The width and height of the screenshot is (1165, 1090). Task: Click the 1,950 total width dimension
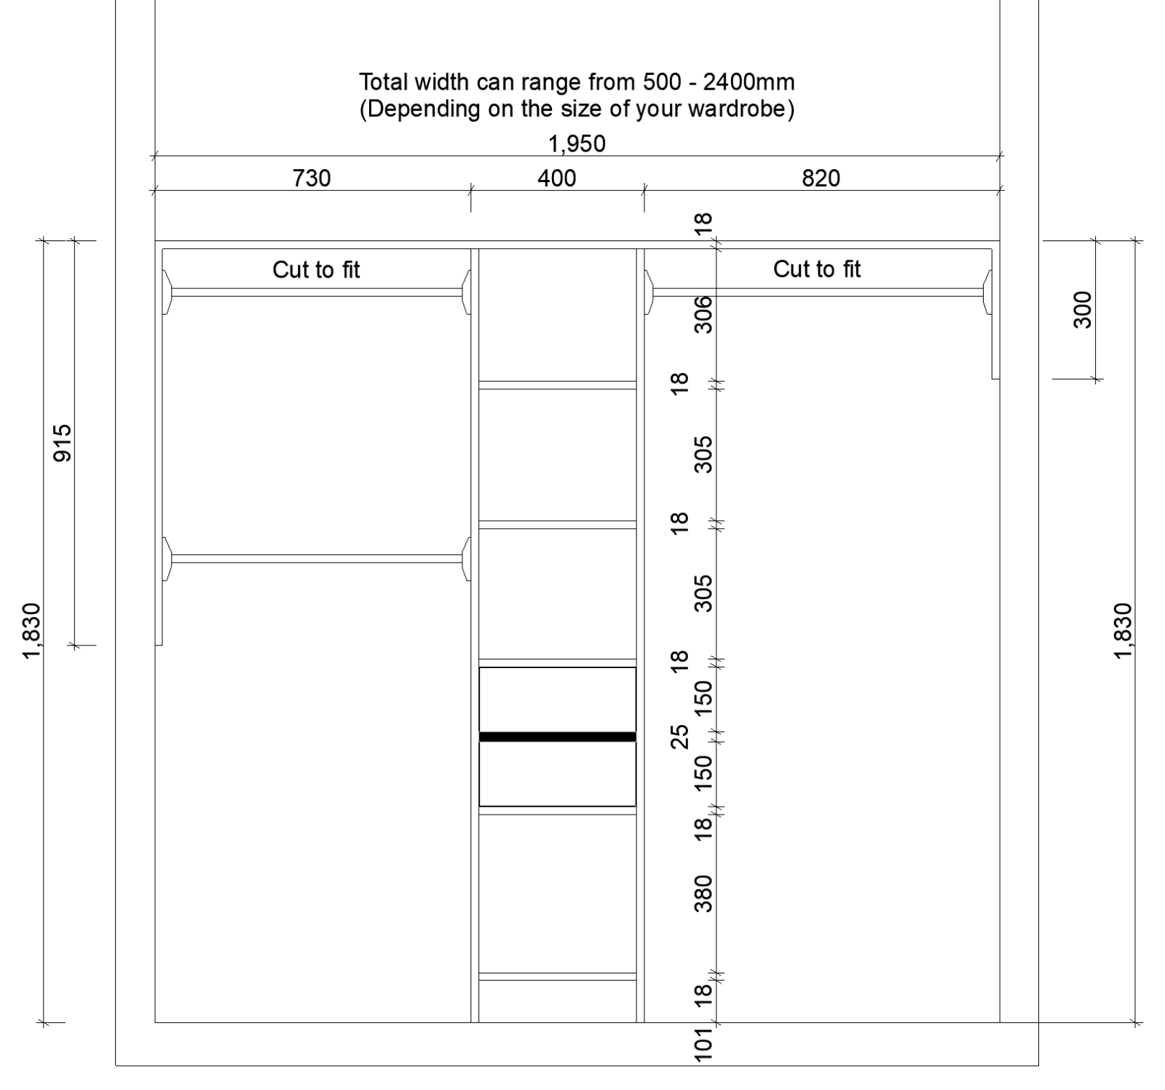pos(577,144)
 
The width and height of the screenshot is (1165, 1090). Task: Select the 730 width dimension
pos(312,178)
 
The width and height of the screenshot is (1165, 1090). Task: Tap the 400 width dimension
pos(557,178)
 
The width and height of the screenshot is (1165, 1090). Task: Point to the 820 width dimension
pos(821,178)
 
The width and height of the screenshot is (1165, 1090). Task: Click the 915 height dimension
pos(63,442)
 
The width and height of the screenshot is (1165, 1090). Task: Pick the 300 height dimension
pos(1083,310)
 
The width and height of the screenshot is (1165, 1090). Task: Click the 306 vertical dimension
pos(704,314)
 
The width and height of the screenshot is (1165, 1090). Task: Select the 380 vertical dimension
pos(704,893)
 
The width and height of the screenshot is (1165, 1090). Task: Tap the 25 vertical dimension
pos(679,736)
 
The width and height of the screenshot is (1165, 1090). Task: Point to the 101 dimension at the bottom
pos(704,1044)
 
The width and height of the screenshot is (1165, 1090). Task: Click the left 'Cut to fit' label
pos(316,270)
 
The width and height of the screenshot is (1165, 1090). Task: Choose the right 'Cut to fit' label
pos(816,270)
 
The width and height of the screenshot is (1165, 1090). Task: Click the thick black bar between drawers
pos(557,737)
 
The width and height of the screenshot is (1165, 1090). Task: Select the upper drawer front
pos(557,699)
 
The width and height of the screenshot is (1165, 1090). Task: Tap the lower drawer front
pos(557,774)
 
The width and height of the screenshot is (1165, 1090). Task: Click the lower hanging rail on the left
pos(316,559)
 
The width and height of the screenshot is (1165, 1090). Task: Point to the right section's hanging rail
pos(818,292)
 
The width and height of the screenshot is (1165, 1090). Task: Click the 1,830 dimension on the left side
pos(32,630)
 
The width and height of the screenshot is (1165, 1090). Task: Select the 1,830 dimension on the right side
pos(1123,630)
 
